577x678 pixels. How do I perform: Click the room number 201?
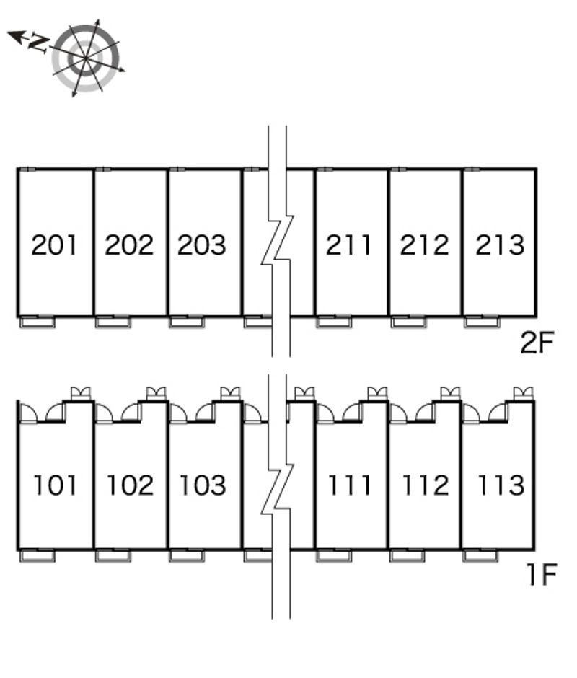[x=55, y=246]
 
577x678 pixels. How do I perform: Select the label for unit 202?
[x=130, y=246]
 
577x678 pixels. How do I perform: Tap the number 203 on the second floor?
[x=203, y=246]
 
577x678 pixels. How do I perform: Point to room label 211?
[x=349, y=246]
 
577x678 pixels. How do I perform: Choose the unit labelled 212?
[x=424, y=246]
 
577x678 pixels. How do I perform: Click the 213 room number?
[x=499, y=246]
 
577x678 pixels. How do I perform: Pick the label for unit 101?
[x=56, y=485]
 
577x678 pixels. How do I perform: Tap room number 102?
[x=131, y=485]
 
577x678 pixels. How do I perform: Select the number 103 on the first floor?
[x=203, y=485]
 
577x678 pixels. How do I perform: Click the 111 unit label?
[x=350, y=485]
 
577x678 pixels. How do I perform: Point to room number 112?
[x=425, y=485]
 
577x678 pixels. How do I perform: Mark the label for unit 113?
[x=500, y=485]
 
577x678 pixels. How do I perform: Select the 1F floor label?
[x=540, y=576]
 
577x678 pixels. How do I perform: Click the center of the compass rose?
[x=86, y=58]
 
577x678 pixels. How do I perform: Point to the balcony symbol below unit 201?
[x=37, y=322]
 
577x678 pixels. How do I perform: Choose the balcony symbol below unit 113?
[x=480, y=555]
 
